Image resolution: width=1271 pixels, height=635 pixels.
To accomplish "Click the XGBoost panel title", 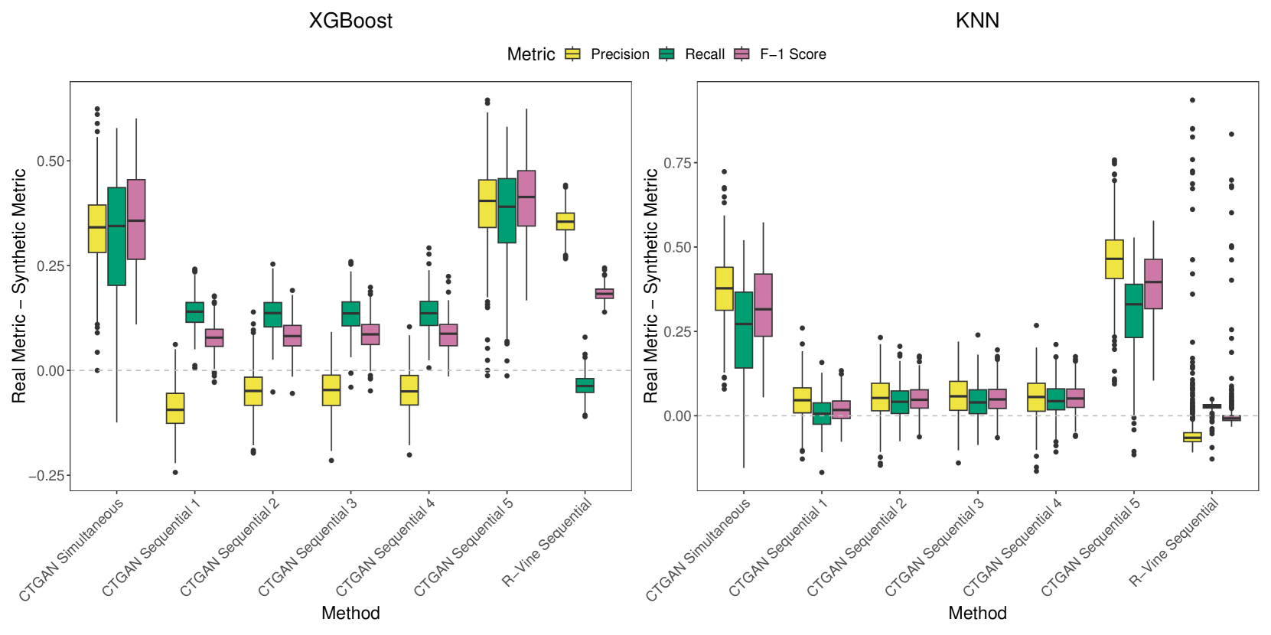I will coord(350,21).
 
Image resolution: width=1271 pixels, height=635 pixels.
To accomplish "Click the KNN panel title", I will coord(977,21).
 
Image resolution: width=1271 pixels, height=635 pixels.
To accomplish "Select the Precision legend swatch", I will coord(572,54).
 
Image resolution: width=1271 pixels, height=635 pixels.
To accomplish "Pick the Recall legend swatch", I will coord(666,54).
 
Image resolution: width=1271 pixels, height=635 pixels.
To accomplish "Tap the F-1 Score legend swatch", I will coord(741,54).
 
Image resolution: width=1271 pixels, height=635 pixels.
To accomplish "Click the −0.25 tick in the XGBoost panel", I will coord(47,476).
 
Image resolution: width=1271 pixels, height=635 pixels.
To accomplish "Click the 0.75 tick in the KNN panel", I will coord(677,163).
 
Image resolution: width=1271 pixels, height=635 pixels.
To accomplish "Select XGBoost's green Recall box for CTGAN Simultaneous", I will coord(117,236).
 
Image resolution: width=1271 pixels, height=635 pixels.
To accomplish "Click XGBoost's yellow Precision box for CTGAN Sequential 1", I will coord(175,408).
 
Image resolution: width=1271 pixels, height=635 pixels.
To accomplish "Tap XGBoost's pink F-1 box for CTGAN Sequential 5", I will coord(526,198).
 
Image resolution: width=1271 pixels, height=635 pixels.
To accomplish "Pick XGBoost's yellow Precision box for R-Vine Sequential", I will coord(565,221).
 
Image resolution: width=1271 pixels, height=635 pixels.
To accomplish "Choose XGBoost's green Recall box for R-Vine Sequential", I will coord(585,386).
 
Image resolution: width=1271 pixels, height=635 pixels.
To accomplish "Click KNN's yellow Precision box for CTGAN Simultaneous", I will coord(724,288).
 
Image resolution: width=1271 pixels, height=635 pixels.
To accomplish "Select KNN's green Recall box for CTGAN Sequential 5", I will coord(1134,311).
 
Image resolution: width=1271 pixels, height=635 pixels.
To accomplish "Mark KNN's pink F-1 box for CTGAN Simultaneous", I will coord(763,304).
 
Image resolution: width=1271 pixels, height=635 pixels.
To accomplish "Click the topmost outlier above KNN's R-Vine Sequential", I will coord(1192,100).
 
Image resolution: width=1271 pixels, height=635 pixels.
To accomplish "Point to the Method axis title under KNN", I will coord(977,613).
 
